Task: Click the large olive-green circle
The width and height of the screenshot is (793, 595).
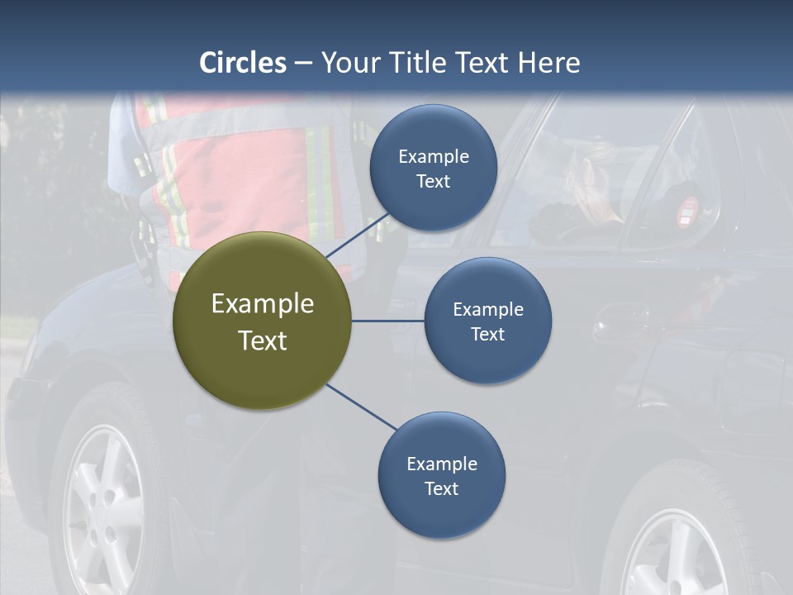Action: coord(263,321)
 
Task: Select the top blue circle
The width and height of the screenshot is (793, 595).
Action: coord(434,168)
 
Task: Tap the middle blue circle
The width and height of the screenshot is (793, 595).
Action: coord(488,321)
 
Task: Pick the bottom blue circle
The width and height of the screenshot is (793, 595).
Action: coord(442,475)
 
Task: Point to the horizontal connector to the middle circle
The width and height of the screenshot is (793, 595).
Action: coord(388,321)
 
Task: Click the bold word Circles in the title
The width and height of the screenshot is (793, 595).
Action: coord(243,62)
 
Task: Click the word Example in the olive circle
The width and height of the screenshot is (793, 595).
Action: coord(263,303)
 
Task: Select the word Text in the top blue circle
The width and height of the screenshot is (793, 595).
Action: coord(434,181)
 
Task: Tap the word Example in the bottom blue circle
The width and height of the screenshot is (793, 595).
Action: coord(442,464)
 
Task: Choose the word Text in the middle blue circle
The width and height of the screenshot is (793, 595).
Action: coord(488,334)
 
